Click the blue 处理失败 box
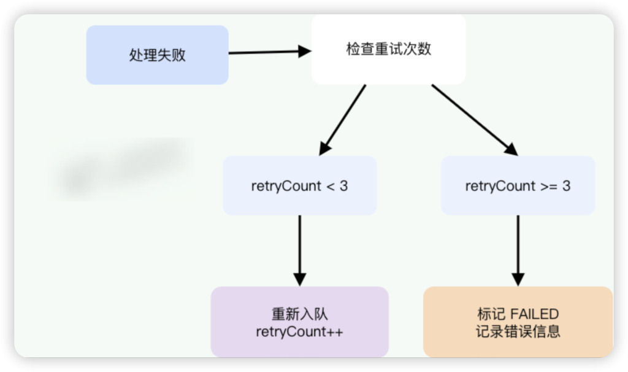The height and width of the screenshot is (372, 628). pos(157,55)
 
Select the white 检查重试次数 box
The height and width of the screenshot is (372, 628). pos(388,49)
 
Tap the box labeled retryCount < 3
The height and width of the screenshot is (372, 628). pos(299,185)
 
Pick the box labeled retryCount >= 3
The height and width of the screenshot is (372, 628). pos(518,185)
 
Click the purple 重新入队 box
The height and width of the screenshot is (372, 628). pos(299,322)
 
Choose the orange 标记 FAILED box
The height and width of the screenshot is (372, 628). pos(518,322)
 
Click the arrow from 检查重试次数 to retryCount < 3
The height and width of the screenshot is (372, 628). pos(343,119)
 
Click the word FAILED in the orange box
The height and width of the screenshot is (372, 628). pos(535,314)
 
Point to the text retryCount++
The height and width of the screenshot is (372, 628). pos(299,332)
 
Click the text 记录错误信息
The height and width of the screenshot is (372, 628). pos(518,332)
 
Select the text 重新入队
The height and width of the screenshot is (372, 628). pos(299,314)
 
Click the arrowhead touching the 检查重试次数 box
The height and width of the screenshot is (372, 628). pos(305,52)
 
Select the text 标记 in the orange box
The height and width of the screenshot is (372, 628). pos(489,314)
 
